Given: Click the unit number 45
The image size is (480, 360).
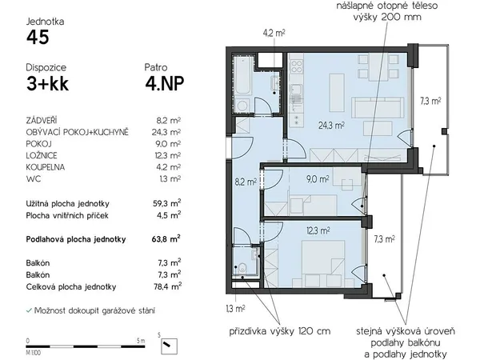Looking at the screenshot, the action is tap(38, 38).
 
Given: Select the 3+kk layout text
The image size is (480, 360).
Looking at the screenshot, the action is tap(47, 83).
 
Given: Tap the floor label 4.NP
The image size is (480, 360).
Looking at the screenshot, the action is tap(164, 83).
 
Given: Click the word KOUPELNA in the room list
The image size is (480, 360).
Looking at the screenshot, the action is tap(46, 167).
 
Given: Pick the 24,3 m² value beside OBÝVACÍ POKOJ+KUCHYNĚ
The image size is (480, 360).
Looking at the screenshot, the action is tap(166, 132).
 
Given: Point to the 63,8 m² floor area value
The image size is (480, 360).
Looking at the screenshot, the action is tap(166, 238).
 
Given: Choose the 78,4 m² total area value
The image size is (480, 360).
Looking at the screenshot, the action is tap(167, 286).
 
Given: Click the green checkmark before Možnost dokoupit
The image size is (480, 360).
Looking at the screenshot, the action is tap(29, 310).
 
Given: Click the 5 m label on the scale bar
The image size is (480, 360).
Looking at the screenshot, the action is tap(141, 341).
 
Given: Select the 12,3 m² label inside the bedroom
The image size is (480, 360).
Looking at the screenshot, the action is tap(318, 230).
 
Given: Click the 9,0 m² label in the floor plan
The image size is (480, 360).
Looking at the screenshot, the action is tap(318, 179).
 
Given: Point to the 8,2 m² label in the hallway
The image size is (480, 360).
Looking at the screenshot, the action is tap(246, 182).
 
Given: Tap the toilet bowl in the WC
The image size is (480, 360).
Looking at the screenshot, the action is tap(242, 268).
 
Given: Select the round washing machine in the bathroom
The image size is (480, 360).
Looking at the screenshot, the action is tap(242, 106).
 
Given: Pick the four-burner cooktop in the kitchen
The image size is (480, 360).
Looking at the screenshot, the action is tap(297, 66).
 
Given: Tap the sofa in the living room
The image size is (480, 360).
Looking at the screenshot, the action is tap(377, 107).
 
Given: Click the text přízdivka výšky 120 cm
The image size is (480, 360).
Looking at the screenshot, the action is tap(280, 331).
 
